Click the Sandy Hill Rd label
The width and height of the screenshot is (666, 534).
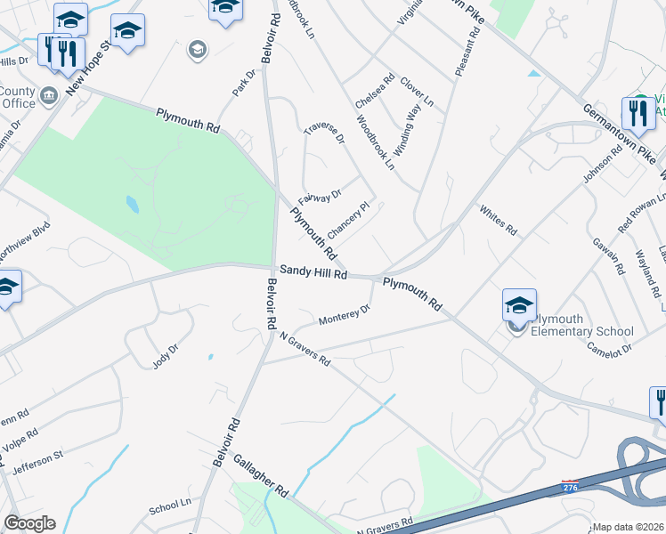313,273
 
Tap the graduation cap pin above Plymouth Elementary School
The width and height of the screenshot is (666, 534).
519,305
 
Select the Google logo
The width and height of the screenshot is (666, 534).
29,523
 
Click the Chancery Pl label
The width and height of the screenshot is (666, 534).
348,221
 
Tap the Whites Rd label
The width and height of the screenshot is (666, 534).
498,220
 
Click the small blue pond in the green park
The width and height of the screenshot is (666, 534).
132,205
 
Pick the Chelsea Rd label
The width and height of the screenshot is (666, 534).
375,93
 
